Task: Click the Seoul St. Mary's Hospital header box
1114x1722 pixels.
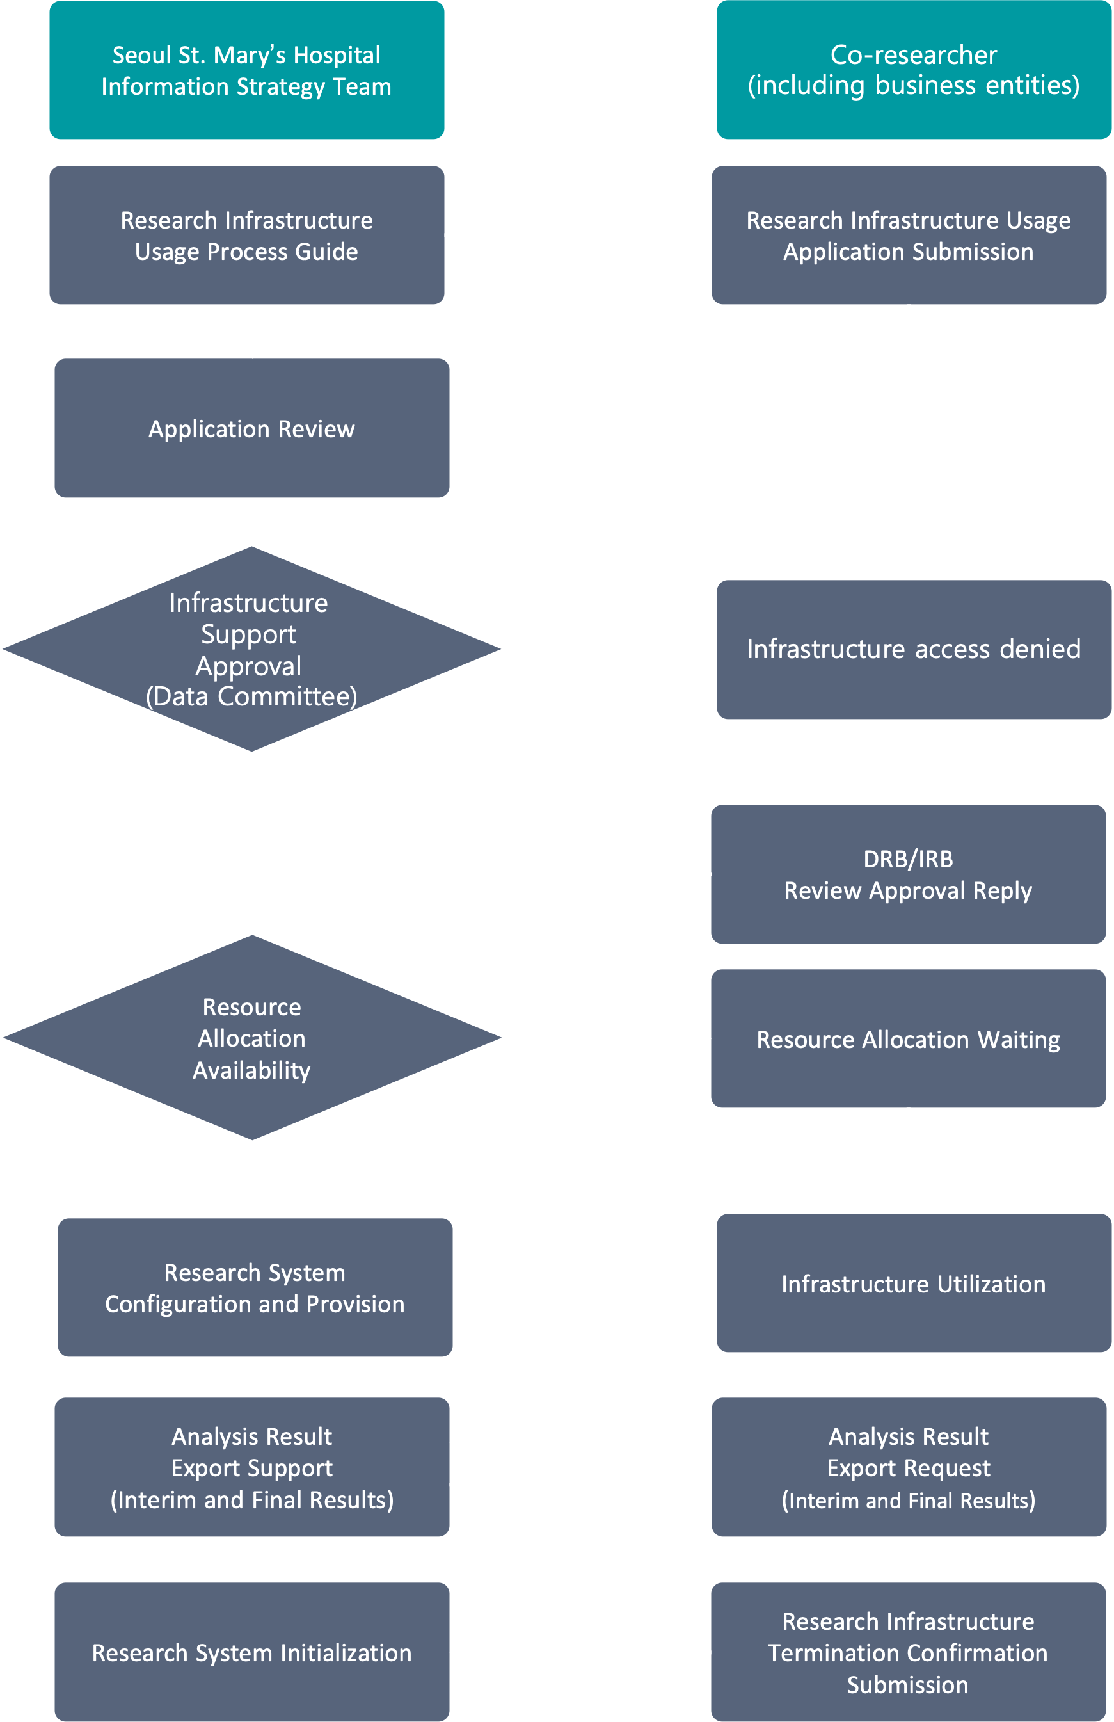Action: pyautogui.click(x=247, y=70)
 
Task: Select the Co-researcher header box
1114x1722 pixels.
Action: pyautogui.click(x=914, y=70)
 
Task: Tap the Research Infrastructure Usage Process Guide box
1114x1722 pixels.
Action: pyautogui.click(x=247, y=235)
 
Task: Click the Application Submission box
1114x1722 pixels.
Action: pyautogui.click(x=909, y=235)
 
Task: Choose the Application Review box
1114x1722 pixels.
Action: pyautogui.click(x=251, y=428)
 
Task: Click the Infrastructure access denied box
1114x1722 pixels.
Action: pyautogui.click(x=914, y=649)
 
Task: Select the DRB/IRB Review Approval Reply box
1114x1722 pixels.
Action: pyautogui.click(x=909, y=874)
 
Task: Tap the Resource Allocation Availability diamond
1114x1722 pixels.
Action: pyautogui.click(x=251, y=1038)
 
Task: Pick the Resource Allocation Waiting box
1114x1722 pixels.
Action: pyautogui.click(x=909, y=1039)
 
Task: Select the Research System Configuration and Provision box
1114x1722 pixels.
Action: pyautogui.click(x=255, y=1287)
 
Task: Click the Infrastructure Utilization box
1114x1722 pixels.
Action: pyautogui.click(x=914, y=1283)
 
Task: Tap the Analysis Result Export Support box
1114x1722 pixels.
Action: pyautogui.click(x=251, y=1467)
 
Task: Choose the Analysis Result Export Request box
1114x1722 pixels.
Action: pyautogui.click(x=909, y=1467)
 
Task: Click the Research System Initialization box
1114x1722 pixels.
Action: pyautogui.click(x=251, y=1652)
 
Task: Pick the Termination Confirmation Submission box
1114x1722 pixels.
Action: pyautogui.click(x=909, y=1652)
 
